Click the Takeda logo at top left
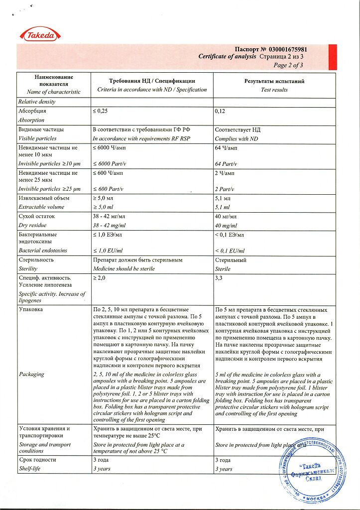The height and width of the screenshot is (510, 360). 40,34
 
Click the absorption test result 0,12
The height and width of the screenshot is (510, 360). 220,111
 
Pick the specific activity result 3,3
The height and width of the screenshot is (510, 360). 219,278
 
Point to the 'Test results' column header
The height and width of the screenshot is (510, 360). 274,90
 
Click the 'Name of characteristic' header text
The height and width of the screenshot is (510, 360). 54,92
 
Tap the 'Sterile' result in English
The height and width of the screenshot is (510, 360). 223,268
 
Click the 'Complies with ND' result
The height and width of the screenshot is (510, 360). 237,138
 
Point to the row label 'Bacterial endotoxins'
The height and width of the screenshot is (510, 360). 42,251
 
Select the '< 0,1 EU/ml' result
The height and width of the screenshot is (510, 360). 230,251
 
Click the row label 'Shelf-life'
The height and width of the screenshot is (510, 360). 30,469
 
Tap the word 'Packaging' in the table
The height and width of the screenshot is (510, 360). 31,374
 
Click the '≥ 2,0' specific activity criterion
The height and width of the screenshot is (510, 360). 99,278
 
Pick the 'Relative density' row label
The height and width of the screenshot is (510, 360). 37,102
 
